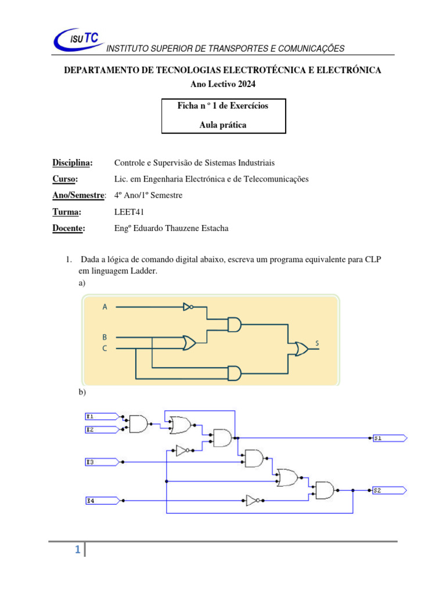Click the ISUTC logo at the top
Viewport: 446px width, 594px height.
coord(76,40)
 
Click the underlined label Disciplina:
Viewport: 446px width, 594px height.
coord(73,163)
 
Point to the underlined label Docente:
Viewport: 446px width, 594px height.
coord(69,228)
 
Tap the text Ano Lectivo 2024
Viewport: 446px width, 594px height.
coord(222,84)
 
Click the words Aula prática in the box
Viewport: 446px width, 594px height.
coord(223,125)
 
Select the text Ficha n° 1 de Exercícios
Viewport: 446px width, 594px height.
coord(223,106)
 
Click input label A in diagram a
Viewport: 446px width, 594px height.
coord(105,307)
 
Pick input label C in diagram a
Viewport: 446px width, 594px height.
coord(105,349)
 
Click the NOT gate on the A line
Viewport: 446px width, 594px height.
coord(187,307)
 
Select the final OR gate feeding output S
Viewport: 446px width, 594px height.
coord(301,349)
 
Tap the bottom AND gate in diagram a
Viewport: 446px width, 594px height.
coord(235,373)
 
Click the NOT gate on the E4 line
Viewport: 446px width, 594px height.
coord(253,499)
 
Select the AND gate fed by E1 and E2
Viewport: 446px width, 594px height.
coord(138,423)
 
